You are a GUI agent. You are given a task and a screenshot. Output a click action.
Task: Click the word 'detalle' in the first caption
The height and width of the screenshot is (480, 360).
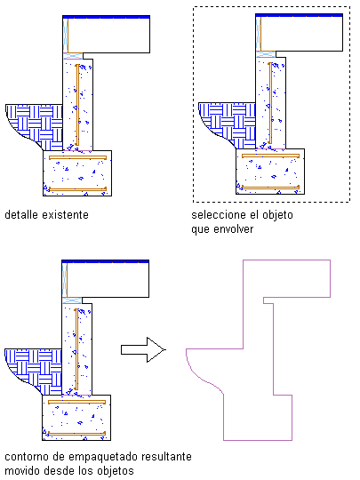pyautogui.click(x=21, y=215)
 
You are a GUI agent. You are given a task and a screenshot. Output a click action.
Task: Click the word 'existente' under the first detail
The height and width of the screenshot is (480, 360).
pyautogui.click(x=66, y=215)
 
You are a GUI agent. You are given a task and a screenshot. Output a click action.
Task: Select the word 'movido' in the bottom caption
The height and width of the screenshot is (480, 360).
pyautogui.click(x=21, y=470)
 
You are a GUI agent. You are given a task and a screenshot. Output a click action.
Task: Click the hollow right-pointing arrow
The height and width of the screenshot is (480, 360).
pyautogui.click(x=143, y=349)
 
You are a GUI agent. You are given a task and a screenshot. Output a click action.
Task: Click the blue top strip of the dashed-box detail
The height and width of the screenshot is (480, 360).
pyautogui.click(x=299, y=15)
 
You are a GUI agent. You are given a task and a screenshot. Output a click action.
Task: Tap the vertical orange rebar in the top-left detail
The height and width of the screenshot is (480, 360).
pyautogui.click(x=77, y=105)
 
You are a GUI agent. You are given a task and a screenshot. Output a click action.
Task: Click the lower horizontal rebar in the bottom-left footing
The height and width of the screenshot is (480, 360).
pyautogui.click(x=76, y=433)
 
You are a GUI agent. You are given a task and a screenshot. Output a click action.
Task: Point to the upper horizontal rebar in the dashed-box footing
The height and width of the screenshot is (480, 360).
pyautogui.click(x=270, y=156)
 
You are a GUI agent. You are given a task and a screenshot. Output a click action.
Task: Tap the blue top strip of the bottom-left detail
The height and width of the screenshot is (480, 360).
pyautogui.click(x=105, y=261)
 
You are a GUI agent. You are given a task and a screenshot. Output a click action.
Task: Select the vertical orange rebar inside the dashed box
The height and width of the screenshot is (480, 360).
pyautogui.click(x=270, y=103)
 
